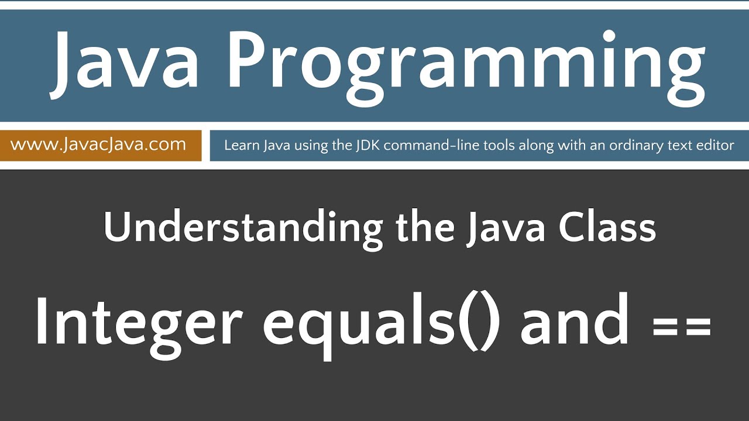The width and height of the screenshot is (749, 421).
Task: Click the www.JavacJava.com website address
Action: click(x=98, y=144)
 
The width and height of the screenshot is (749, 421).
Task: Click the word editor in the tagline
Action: click(x=715, y=146)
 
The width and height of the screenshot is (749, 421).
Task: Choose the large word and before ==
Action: click(x=575, y=322)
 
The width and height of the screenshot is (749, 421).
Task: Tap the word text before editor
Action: click(x=680, y=146)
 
